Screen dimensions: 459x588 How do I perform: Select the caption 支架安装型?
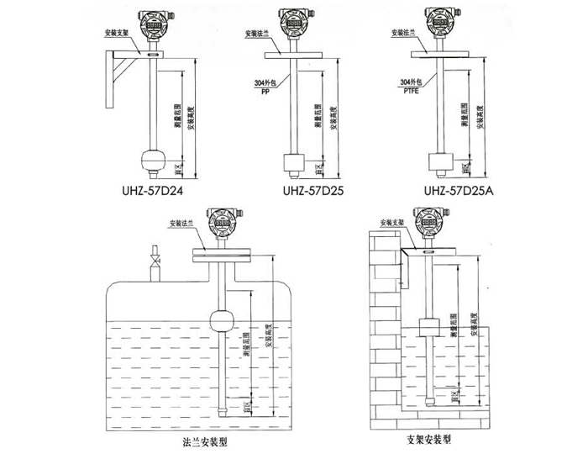coord(428,439)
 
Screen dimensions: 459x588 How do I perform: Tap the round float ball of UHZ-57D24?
coord(153,160)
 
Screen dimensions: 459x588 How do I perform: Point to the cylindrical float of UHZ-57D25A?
coord(438,161)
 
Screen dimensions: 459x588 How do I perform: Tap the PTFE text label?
coord(410,90)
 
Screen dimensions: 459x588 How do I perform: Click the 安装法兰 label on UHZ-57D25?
coord(256,35)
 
